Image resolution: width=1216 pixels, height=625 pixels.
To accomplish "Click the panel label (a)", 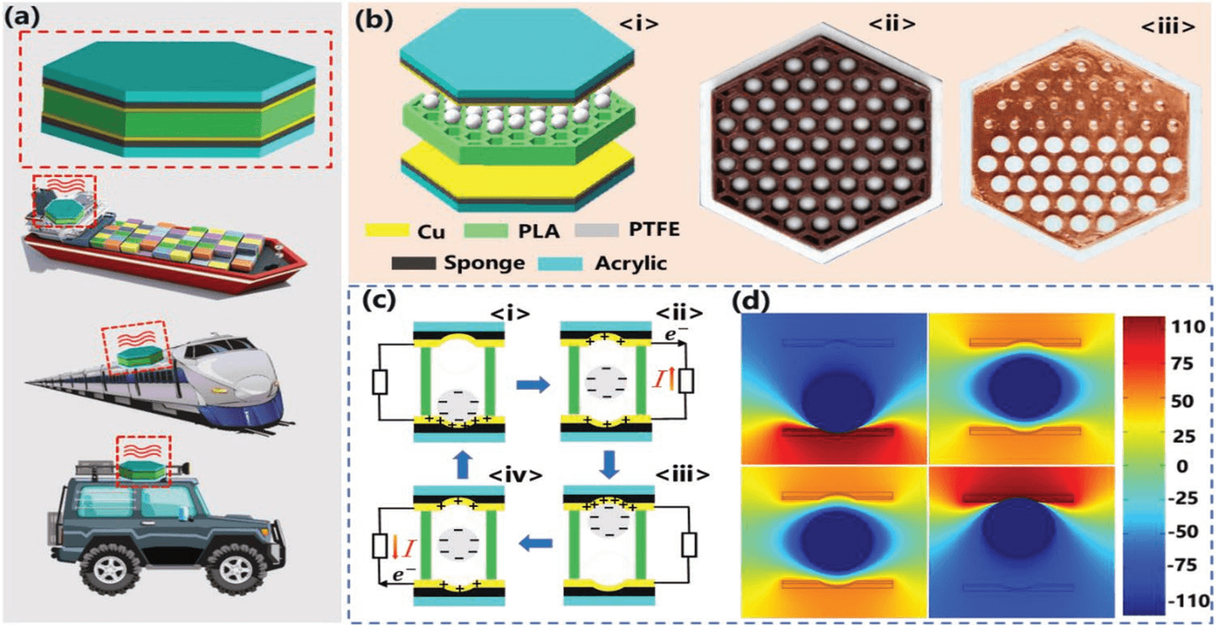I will coord(22,17).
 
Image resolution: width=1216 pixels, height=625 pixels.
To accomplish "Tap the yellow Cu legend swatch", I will coord(387,230).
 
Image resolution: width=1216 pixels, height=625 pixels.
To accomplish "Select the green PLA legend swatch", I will coord(485,230).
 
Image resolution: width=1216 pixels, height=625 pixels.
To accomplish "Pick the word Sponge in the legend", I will coord(484,263).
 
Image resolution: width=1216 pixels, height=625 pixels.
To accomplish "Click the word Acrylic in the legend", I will coord(631,263).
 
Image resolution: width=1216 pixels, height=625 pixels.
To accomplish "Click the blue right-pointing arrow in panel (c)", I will coord(533,385).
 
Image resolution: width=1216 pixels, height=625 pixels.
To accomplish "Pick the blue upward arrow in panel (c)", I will coord(463,466).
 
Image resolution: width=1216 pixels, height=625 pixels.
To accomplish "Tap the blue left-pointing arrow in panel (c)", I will coord(536,543).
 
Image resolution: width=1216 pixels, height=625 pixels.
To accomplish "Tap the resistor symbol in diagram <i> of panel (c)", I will coord(380,382).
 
